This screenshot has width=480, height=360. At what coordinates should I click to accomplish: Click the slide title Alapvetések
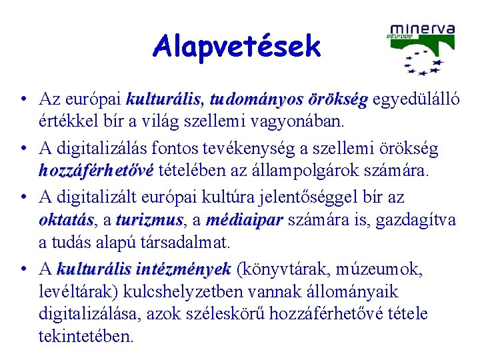[237, 47]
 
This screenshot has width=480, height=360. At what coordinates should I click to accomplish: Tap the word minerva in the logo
[422, 29]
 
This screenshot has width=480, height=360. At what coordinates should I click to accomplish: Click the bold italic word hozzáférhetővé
[96, 171]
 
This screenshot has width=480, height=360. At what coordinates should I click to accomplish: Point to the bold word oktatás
[66, 220]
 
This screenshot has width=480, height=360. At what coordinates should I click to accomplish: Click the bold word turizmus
[149, 220]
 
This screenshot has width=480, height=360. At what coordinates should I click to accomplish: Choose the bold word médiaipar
[245, 220]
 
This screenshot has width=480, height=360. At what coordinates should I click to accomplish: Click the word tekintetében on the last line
[86, 335]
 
